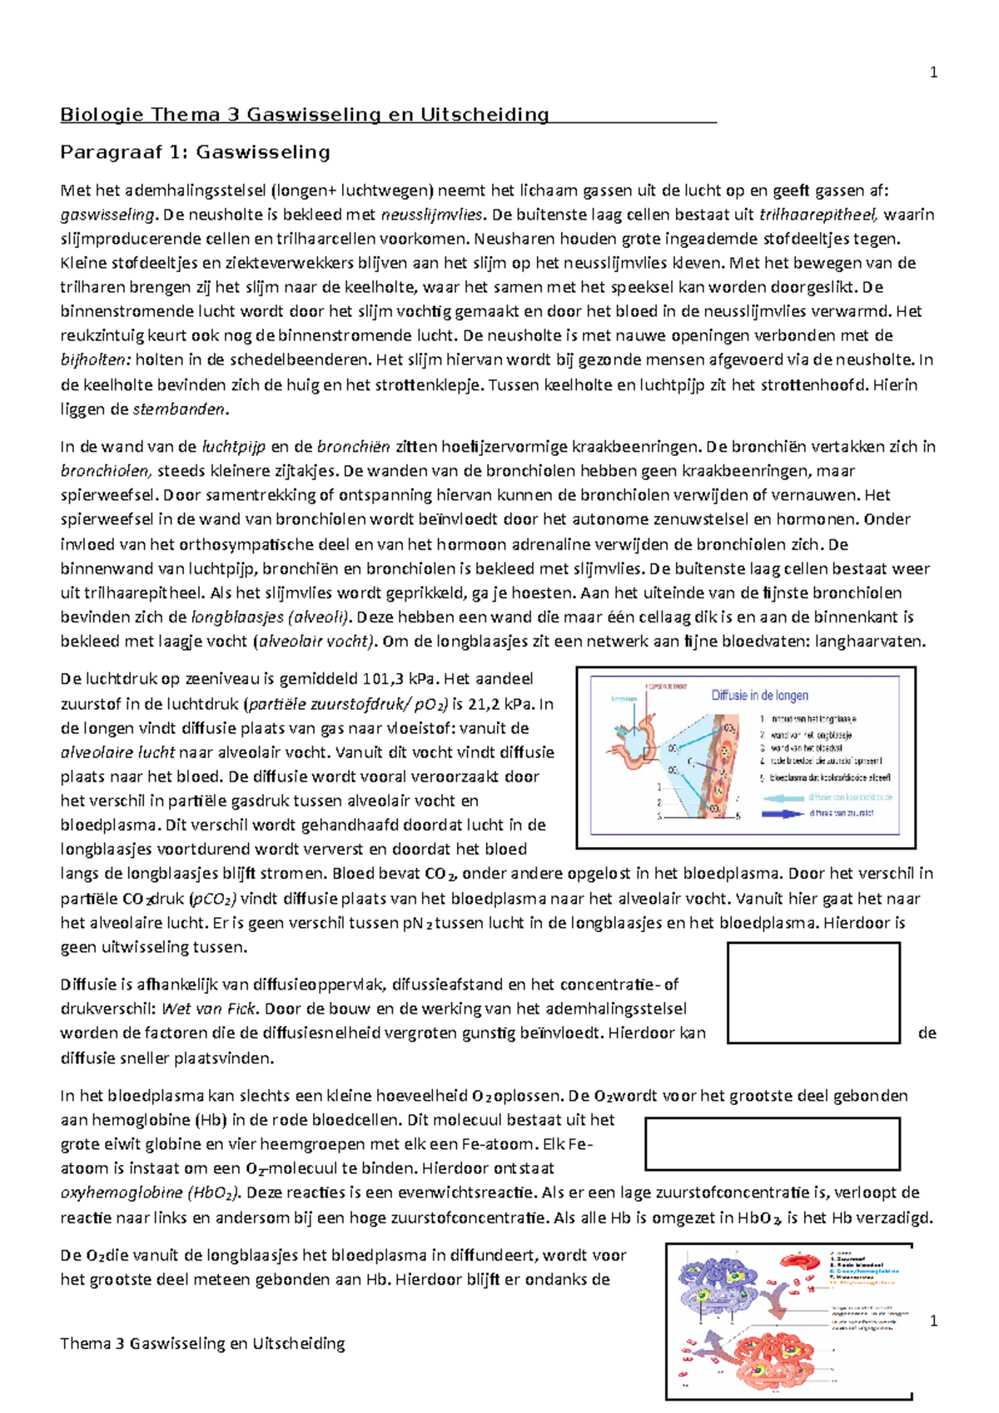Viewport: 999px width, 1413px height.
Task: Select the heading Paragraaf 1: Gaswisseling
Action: click(195, 152)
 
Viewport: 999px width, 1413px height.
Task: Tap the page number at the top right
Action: click(933, 73)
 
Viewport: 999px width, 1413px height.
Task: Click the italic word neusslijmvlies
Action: click(431, 215)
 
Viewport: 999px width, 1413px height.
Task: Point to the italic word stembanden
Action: click(179, 409)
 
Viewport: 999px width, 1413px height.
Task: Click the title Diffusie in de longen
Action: click(759, 695)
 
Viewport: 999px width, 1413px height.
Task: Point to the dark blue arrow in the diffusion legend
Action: click(782, 813)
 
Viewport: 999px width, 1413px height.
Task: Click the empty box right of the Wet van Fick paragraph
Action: click(813, 993)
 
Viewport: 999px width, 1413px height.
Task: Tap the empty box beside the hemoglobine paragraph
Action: click(772, 1144)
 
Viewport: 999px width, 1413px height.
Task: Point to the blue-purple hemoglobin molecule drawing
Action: click(716, 1286)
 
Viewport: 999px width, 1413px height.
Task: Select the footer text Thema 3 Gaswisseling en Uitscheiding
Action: click(202, 1343)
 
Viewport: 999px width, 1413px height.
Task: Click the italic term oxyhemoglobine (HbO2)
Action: click(150, 1193)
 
